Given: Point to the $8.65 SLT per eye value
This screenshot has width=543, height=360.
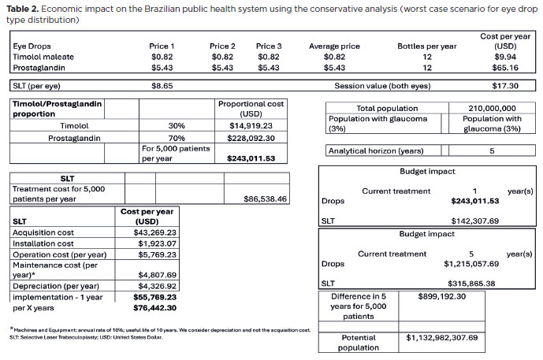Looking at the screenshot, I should (x=162, y=85).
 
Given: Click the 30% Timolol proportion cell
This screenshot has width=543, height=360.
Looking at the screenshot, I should (x=177, y=125).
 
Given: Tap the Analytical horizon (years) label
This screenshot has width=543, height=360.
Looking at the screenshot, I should (x=377, y=150).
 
